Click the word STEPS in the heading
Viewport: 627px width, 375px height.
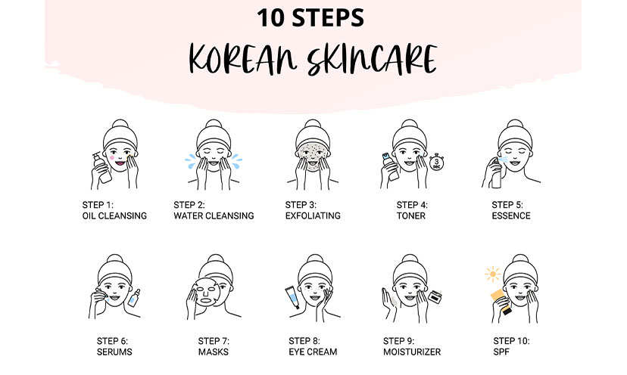tap(328, 18)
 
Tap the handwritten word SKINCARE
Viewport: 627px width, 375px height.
tap(372, 60)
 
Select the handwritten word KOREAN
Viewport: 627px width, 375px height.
tap(243, 59)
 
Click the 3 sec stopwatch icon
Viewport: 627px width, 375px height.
tap(436, 162)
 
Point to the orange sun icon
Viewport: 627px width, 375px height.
tap(493, 274)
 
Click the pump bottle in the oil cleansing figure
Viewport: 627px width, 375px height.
tap(102, 168)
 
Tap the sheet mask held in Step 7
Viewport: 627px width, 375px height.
tap(205, 292)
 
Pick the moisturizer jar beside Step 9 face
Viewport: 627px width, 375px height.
tap(435, 296)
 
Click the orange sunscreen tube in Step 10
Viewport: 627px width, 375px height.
tap(501, 302)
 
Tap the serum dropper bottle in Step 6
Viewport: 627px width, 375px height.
tap(134, 298)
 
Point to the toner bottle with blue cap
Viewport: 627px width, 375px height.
tap(390, 166)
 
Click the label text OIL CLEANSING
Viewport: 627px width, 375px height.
tap(114, 216)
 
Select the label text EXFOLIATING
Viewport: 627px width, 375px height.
tap(313, 216)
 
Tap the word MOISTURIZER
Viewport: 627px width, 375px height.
tap(412, 352)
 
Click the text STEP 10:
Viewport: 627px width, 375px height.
tap(511, 341)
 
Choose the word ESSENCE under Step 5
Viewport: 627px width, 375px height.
tap(511, 216)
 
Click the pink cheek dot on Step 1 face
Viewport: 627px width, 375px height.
tap(112, 158)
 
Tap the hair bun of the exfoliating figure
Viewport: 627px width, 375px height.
tap(313, 124)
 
